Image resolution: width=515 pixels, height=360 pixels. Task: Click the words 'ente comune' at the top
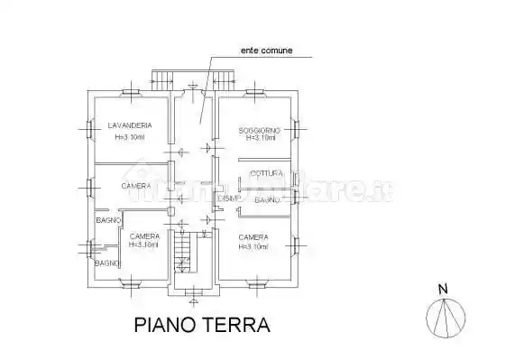click(265, 51)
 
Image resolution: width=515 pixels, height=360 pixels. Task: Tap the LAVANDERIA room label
click(128, 125)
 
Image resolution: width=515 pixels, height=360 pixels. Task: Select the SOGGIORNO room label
click(260, 130)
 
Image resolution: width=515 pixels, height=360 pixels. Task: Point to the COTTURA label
click(267, 172)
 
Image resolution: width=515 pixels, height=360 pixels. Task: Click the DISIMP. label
click(228, 198)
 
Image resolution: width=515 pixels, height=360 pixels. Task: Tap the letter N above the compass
click(443, 289)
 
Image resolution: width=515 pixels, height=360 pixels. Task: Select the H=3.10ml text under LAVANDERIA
click(128, 137)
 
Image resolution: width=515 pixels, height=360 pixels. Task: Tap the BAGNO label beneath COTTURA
click(266, 199)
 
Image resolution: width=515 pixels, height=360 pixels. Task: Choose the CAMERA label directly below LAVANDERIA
click(135, 186)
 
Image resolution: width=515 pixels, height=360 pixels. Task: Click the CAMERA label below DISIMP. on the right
click(253, 237)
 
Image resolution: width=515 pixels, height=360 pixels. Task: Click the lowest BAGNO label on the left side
click(107, 263)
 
